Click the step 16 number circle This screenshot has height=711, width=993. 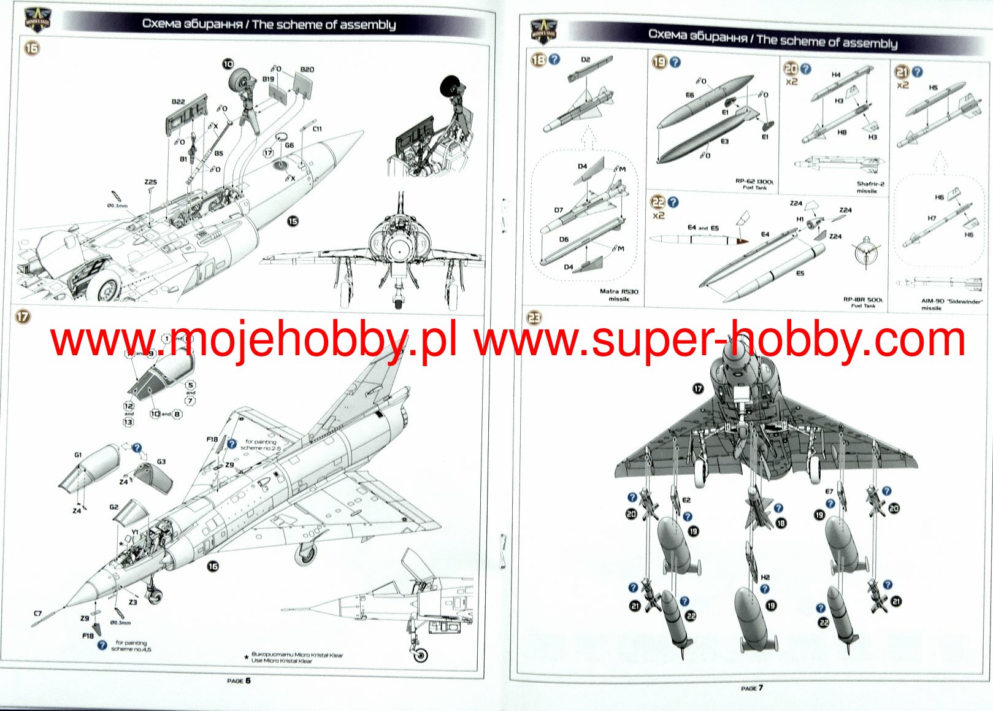(31, 48)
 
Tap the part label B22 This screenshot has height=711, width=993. (178, 102)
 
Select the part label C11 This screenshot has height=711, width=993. (317, 129)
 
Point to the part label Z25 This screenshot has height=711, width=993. (151, 182)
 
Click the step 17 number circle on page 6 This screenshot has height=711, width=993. (23, 317)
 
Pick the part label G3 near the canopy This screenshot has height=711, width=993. (161, 462)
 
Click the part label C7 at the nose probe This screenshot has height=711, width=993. (38, 613)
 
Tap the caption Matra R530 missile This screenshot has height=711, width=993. (619, 295)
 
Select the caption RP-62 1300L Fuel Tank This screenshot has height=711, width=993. (754, 184)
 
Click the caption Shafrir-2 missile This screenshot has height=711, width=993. (870, 187)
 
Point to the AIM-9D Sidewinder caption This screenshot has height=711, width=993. (951, 304)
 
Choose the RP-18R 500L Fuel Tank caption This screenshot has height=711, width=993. (863, 302)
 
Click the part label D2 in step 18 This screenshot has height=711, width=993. (585, 60)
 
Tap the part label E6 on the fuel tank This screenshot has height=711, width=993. (689, 95)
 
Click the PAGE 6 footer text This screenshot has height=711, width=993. (239, 680)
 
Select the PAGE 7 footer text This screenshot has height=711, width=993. (752, 688)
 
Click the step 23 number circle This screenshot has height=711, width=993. (534, 317)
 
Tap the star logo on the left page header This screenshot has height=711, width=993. (37, 20)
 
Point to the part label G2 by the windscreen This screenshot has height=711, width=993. (114, 507)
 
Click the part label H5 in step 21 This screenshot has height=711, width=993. (933, 88)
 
